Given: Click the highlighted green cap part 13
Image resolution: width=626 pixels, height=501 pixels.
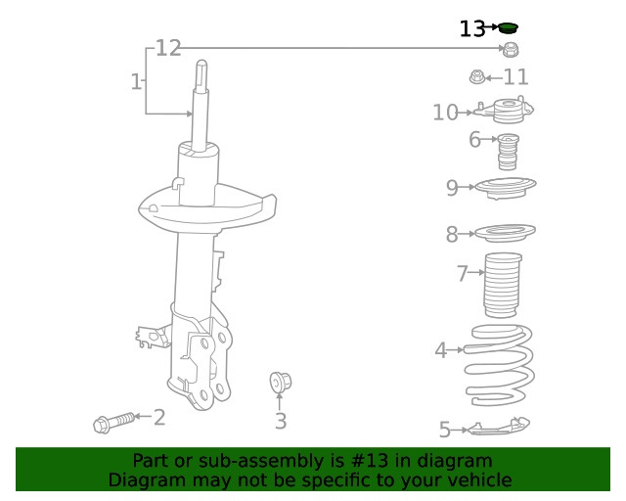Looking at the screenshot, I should coord(508,27).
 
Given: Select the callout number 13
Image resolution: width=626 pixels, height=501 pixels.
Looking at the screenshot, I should coord(471,28).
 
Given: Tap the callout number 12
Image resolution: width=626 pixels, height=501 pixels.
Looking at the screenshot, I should coord(168,48).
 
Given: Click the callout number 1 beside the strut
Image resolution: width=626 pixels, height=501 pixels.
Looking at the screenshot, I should coord(136,82).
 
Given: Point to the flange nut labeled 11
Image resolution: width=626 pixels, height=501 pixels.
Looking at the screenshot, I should coord(477,76).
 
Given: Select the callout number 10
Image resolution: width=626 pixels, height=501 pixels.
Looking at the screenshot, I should coord(445,113).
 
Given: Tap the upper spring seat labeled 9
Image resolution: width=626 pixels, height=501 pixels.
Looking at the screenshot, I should coord(505,187).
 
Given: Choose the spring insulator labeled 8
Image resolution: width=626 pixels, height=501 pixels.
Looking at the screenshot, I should coord(505,235).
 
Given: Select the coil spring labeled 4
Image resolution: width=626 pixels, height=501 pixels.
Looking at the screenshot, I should coord(500,364).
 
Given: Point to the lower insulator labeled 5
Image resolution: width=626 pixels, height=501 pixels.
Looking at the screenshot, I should coord(497,427).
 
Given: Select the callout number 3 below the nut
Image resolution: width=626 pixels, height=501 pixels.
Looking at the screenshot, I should coord(281,422).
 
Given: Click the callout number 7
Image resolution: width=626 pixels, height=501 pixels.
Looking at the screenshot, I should coord(463,274).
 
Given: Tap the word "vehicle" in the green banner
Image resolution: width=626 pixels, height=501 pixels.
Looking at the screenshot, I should coord(476,480).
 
